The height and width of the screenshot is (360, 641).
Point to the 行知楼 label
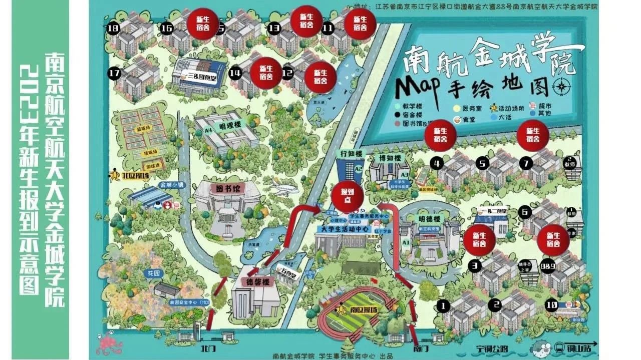point(350,153)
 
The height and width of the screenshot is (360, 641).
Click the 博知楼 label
point(391,158)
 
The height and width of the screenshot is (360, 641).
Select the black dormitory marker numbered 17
point(114,74)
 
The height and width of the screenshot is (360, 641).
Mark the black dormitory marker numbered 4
point(438,163)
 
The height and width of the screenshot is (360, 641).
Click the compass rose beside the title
point(560,88)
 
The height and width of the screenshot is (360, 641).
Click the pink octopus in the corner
point(106,344)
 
